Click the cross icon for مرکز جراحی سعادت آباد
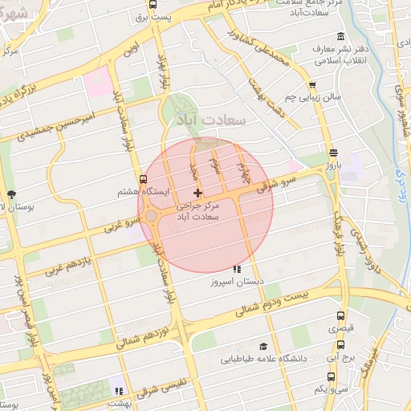click(x=198, y=193)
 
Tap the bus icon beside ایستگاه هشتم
click(x=143, y=179)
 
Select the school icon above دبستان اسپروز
click(x=236, y=270)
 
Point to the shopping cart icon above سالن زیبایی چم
click(x=311, y=84)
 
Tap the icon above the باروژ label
click(x=333, y=153)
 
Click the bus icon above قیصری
click(x=340, y=315)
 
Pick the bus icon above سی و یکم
click(x=331, y=376)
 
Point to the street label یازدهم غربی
click(x=71, y=263)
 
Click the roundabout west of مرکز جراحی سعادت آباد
click(x=153, y=216)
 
